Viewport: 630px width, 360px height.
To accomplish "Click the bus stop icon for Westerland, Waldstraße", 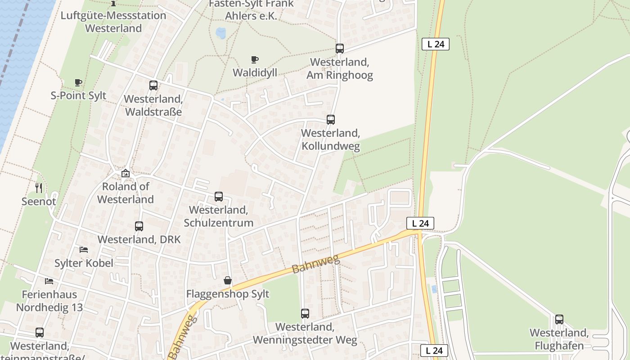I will (x=153, y=85).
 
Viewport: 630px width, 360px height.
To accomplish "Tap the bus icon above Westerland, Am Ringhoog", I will (x=340, y=48).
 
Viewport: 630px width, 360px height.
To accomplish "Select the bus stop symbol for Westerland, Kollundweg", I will (x=331, y=119).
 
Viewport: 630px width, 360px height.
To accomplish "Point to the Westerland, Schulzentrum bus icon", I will (x=219, y=196).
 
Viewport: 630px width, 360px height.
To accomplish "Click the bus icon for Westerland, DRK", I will (x=139, y=226).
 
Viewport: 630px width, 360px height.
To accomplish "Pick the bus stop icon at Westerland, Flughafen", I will (x=559, y=319).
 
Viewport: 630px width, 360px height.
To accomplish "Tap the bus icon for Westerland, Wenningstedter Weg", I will (x=305, y=313).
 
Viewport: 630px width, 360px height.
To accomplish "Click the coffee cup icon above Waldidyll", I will (x=255, y=59).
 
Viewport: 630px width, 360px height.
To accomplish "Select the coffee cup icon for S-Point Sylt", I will (x=78, y=82).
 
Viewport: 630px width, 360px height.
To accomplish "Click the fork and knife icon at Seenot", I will (x=39, y=188).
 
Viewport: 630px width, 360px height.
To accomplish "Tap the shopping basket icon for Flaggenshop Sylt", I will (x=228, y=280).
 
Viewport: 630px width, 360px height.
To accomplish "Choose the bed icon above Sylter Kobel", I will (x=84, y=249).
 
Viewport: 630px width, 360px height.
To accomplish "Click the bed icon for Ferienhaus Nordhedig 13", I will (x=49, y=281).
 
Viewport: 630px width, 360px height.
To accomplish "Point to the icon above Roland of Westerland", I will (x=126, y=173).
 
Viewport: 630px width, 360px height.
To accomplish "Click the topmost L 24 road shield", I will (x=436, y=44).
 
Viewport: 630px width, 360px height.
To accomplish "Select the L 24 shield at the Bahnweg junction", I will (x=420, y=223).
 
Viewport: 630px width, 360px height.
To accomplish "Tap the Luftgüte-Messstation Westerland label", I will (x=113, y=22).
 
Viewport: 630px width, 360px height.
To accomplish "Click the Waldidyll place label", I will (x=255, y=72).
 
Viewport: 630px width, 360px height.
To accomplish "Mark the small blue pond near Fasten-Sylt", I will (x=220, y=32).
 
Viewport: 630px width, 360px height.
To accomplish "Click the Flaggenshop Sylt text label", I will (x=228, y=294).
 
